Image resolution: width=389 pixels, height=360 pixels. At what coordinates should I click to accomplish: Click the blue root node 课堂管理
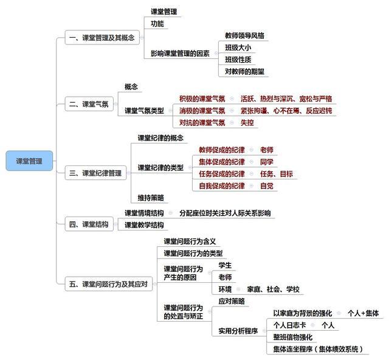click(x=29, y=161)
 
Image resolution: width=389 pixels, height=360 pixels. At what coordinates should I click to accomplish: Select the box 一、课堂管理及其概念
click(x=102, y=38)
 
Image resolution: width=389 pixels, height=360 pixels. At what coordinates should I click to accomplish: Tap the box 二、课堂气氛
click(x=89, y=104)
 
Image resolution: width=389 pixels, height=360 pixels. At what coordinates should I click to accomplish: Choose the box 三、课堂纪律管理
click(x=95, y=173)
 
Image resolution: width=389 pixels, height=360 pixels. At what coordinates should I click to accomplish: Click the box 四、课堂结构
click(x=89, y=224)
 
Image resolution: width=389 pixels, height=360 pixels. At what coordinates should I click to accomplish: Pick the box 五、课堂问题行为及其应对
click(x=108, y=284)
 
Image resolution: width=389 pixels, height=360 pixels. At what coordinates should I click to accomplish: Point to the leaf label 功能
click(x=157, y=24)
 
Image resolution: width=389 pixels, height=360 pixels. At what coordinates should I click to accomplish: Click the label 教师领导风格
click(x=244, y=35)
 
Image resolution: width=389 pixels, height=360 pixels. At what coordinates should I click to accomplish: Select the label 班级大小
click(x=238, y=47)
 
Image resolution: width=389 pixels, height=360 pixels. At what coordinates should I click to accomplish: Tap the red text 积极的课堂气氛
click(x=202, y=99)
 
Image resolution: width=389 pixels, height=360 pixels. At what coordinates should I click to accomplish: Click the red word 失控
click(x=247, y=123)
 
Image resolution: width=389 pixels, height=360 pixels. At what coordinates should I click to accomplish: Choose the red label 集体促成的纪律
click(x=222, y=162)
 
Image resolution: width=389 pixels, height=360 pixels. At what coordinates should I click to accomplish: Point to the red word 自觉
click(x=267, y=185)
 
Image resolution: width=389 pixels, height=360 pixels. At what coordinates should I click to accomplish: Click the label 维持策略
click(x=151, y=198)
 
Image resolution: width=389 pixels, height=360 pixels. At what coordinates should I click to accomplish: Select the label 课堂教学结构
click(x=144, y=225)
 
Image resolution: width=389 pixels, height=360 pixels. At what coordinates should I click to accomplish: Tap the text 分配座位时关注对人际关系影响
click(x=225, y=213)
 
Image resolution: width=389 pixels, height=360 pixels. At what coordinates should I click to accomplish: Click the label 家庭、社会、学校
click(x=273, y=289)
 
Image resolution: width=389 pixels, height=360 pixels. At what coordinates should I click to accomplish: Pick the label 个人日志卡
click(x=289, y=325)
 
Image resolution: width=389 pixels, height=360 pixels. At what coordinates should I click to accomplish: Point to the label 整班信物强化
click(x=293, y=337)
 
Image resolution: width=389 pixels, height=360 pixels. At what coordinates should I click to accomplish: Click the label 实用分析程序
click(x=238, y=331)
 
